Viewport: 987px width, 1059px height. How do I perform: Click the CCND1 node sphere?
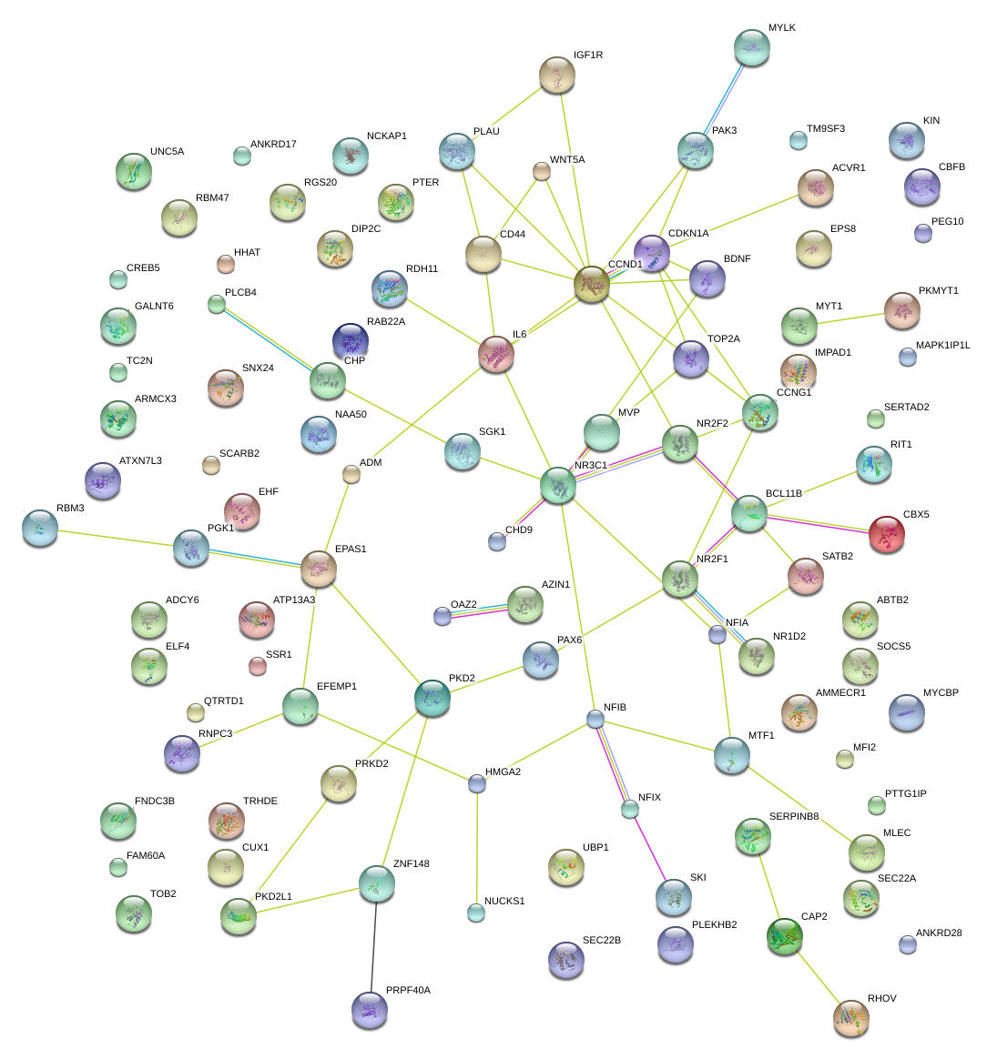tap(592, 284)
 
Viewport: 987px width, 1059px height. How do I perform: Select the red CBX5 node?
tap(887, 534)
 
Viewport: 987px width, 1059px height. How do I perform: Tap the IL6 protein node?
tap(496, 354)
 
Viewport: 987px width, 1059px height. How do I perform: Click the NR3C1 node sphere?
tap(558, 485)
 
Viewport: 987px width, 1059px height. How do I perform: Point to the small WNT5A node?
tap(542, 171)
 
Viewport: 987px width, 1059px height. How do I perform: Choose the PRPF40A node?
tap(369, 1008)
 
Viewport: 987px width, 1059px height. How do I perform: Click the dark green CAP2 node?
tap(785, 936)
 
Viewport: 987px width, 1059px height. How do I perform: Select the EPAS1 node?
tap(318, 568)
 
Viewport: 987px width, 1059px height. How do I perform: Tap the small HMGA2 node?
tap(477, 783)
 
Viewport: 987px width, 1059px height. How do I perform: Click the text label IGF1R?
tap(588, 55)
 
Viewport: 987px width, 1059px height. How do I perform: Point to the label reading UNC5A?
tap(167, 152)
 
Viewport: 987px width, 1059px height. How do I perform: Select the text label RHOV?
tap(881, 999)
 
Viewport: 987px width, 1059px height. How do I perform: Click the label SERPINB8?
tap(794, 817)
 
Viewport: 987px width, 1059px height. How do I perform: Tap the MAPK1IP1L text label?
tap(943, 346)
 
